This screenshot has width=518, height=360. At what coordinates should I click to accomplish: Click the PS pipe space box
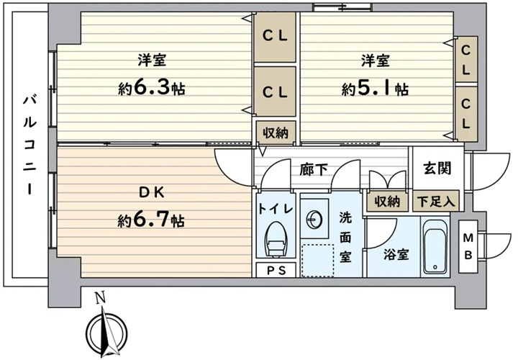(276, 270)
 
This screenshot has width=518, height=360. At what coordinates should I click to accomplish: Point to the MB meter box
(468, 246)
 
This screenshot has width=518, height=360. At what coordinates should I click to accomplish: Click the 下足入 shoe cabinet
(436, 201)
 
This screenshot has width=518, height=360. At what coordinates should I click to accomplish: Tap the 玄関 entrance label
(437, 168)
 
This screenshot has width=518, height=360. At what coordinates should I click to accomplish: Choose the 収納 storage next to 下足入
(387, 201)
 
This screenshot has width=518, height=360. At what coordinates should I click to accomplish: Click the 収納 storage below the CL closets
(276, 133)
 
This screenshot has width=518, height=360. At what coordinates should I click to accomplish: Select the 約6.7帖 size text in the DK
(151, 220)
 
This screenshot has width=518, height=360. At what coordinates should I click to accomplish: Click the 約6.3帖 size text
(152, 89)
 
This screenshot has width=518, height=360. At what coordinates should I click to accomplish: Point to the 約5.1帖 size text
(375, 89)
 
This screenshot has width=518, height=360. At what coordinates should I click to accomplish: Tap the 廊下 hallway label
(314, 170)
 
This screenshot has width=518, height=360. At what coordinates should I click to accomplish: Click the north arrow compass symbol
(106, 332)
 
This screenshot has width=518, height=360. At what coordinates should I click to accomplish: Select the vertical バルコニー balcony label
(29, 145)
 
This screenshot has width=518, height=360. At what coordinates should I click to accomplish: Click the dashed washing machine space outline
(318, 261)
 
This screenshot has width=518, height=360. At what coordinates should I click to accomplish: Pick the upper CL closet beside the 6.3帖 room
(275, 37)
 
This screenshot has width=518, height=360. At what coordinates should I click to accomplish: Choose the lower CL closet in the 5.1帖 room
(466, 113)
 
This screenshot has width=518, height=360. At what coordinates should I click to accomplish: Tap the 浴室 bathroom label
(396, 254)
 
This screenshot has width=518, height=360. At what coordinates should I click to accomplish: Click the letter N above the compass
(101, 298)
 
